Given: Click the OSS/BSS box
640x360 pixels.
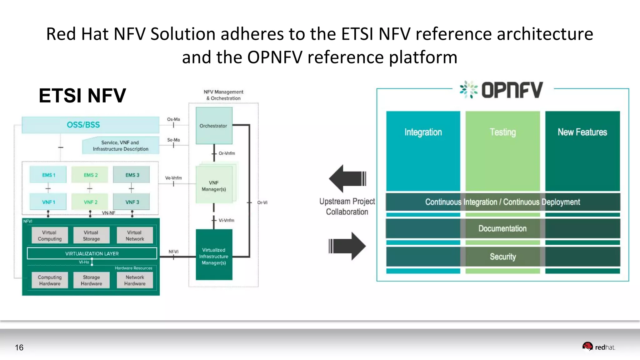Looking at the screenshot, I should pyautogui.click(x=90, y=125).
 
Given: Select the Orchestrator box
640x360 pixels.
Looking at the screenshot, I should pyautogui.click(x=214, y=126).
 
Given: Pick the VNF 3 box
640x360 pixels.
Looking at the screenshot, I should pyautogui.click(x=131, y=202).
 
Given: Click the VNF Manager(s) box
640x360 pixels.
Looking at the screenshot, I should pyautogui.click(x=214, y=186).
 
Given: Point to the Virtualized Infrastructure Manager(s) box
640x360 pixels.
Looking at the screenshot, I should pyautogui.click(x=214, y=256).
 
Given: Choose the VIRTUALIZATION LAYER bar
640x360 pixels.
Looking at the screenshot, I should pyautogui.click(x=92, y=253).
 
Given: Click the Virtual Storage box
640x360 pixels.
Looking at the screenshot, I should pyautogui.click(x=91, y=235).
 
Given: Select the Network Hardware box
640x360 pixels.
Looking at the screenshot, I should pyautogui.click(x=135, y=280).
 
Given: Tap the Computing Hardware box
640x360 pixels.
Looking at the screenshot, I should pyautogui.click(x=50, y=280).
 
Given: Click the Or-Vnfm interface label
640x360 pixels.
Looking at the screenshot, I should pyautogui.click(x=227, y=153).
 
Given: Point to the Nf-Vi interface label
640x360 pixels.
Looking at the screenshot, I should pyautogui.click(x=173, y=252).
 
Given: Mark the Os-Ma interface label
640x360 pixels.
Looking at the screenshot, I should pyautogui.click(x=173, y=119).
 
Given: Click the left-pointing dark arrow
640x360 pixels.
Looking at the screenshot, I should pyautogui.click(x=347, y=178).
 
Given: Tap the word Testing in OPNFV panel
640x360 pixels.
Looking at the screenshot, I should pyautogui.click(x=502, y=132).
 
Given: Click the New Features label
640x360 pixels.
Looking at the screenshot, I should pyautogui.click(x=582, y=132).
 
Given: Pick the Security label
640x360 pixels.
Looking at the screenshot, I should pyautogui.click(x=502, y=257).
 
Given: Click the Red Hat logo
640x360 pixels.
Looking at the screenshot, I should pyautogui.click(x=598, y=347).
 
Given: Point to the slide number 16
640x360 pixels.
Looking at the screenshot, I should pyautogui.click(x=19, y=347).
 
